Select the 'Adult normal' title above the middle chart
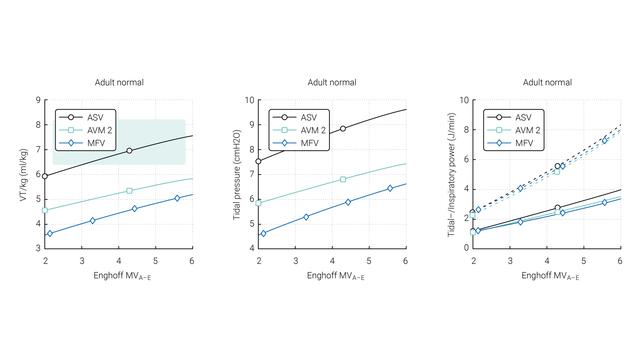(x=331, y=82)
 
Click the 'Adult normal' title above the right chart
(x=545, y=82)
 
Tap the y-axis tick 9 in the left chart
(x=37, y=101)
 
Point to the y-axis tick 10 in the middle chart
(x=250, y=101)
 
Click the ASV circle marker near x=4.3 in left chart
(x=129, y=151)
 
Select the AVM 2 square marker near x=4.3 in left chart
(x=129, y=190)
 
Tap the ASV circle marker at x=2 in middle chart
(x=259, y=161)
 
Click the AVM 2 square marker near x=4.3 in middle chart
(x=343, y=180)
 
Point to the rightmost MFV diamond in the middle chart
(x=390, y=188)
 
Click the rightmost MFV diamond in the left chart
(x=177, y=198)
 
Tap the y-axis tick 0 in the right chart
(x=466, y=248)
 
